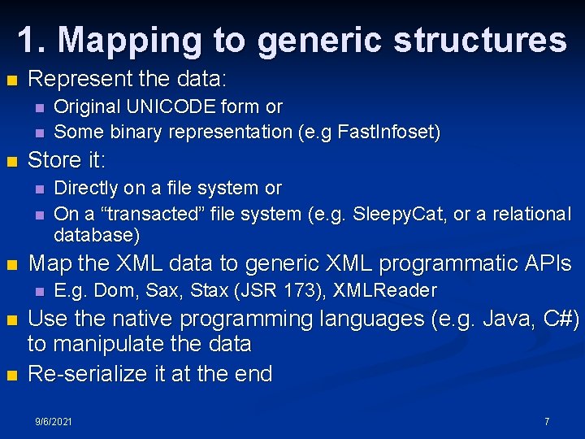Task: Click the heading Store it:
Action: click(67, 159)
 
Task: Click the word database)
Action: click(97, 236)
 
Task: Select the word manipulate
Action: click(106, 344)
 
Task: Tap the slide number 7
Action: click(547, 421)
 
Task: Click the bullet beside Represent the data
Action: click(11, 80)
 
